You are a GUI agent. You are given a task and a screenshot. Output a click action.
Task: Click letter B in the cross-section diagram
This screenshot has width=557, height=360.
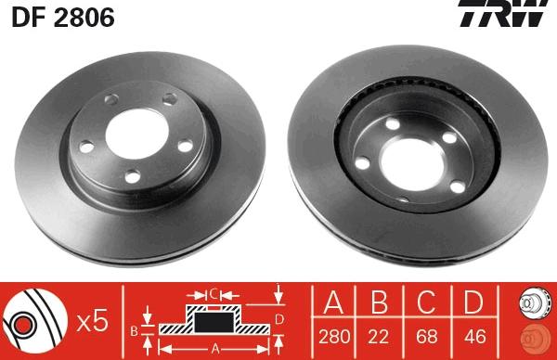click(135, 328)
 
